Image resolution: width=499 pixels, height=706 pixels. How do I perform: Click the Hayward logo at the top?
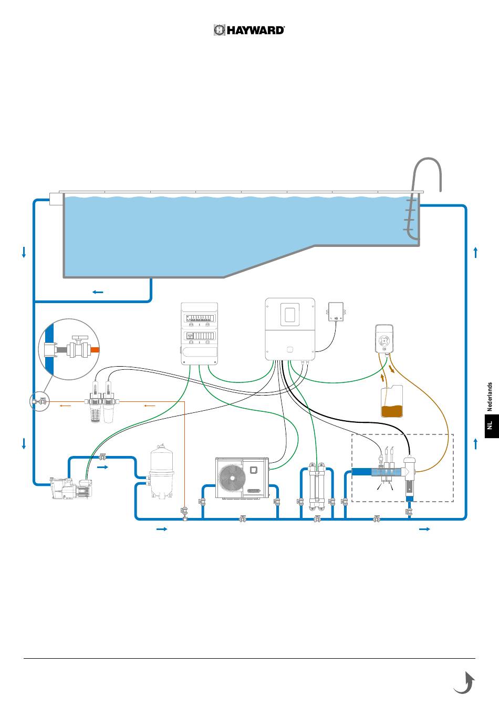(249, 30)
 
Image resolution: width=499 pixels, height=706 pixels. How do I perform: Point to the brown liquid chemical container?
(392, 402)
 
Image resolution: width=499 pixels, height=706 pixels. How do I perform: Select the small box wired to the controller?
(336, 312)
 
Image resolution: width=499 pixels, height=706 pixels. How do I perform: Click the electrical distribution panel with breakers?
(199, 334)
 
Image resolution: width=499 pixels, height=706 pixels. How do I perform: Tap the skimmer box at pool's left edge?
(56, 199)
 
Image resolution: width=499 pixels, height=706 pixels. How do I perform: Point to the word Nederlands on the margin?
(490, 397)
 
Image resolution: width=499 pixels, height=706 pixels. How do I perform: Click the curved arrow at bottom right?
(464, 683)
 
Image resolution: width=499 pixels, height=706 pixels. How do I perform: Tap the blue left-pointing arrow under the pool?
(97, 292)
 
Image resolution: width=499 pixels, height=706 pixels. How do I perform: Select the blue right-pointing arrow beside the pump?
(103, 466)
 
